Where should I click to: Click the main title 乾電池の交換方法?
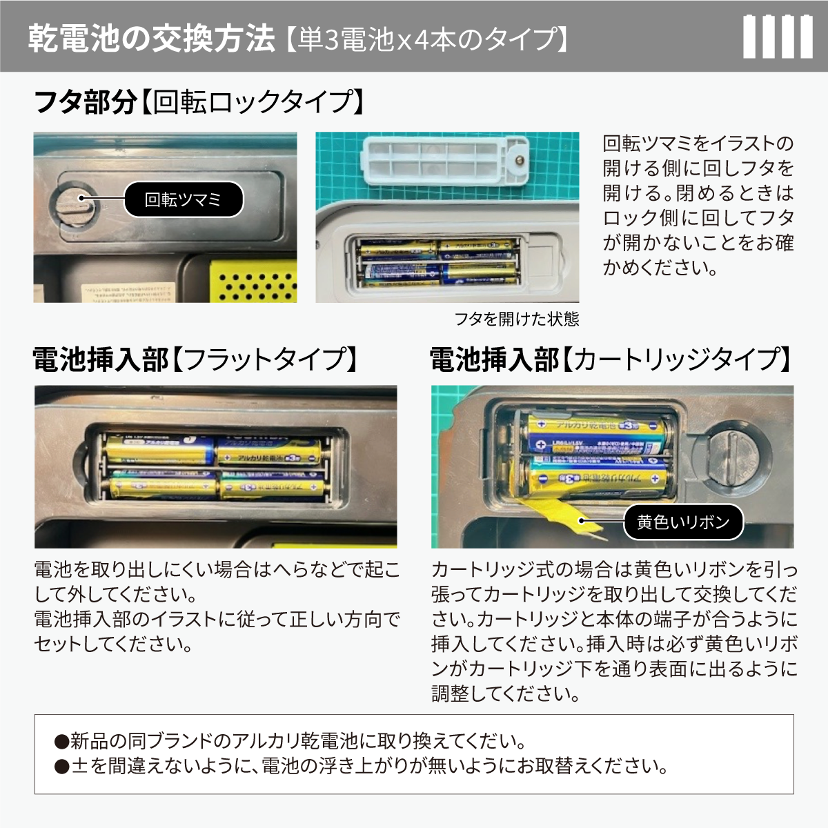click(152, 38)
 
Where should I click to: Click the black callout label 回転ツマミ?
click(183, 199)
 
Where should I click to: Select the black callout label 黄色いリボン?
click(683, 522)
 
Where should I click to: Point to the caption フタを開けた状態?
click(516, 319)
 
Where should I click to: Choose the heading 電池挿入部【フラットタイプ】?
click(197, 359)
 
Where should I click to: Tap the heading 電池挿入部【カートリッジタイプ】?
click(611, 359)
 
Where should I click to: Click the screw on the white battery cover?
click(520, 161)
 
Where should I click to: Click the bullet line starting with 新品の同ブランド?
click(290, 741)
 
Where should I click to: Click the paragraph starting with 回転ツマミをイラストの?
click(698, 206)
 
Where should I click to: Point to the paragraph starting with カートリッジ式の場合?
click(614, 631)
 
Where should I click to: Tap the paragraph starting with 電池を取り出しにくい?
click(217, 607)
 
